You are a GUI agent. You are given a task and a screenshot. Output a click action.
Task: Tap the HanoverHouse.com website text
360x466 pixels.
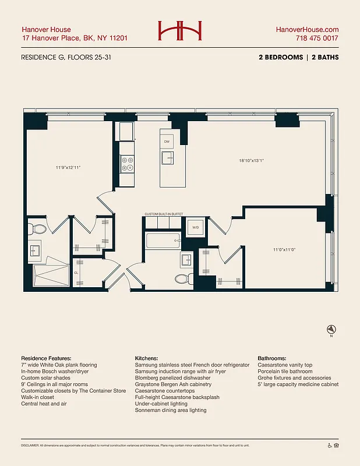pos(307,30)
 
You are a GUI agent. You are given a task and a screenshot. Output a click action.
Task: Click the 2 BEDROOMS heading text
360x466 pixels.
pos(281,58)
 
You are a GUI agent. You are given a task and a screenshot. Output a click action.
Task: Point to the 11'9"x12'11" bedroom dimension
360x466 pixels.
pos(68,168)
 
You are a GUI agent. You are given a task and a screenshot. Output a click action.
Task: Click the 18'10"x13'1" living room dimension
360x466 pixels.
pos(252,161)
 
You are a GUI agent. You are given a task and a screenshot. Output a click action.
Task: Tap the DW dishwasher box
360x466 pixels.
pos(167,142)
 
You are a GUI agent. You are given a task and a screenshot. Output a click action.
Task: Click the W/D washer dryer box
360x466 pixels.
pos(196,228)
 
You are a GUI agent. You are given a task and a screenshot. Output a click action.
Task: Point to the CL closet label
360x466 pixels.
pos(76,272)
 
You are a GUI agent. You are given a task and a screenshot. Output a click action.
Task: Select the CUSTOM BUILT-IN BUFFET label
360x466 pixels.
pos(164,214)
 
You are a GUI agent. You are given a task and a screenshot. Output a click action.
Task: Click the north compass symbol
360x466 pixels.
pos(331,329)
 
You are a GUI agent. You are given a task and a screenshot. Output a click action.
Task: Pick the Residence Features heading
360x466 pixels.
pos(46,358)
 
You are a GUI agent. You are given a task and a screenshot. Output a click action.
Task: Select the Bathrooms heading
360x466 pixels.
pos(276,358)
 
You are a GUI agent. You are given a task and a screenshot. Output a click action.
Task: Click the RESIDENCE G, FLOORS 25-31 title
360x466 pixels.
pos(64,58)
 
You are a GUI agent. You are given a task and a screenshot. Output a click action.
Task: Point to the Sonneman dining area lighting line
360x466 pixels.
pos(170,410)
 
